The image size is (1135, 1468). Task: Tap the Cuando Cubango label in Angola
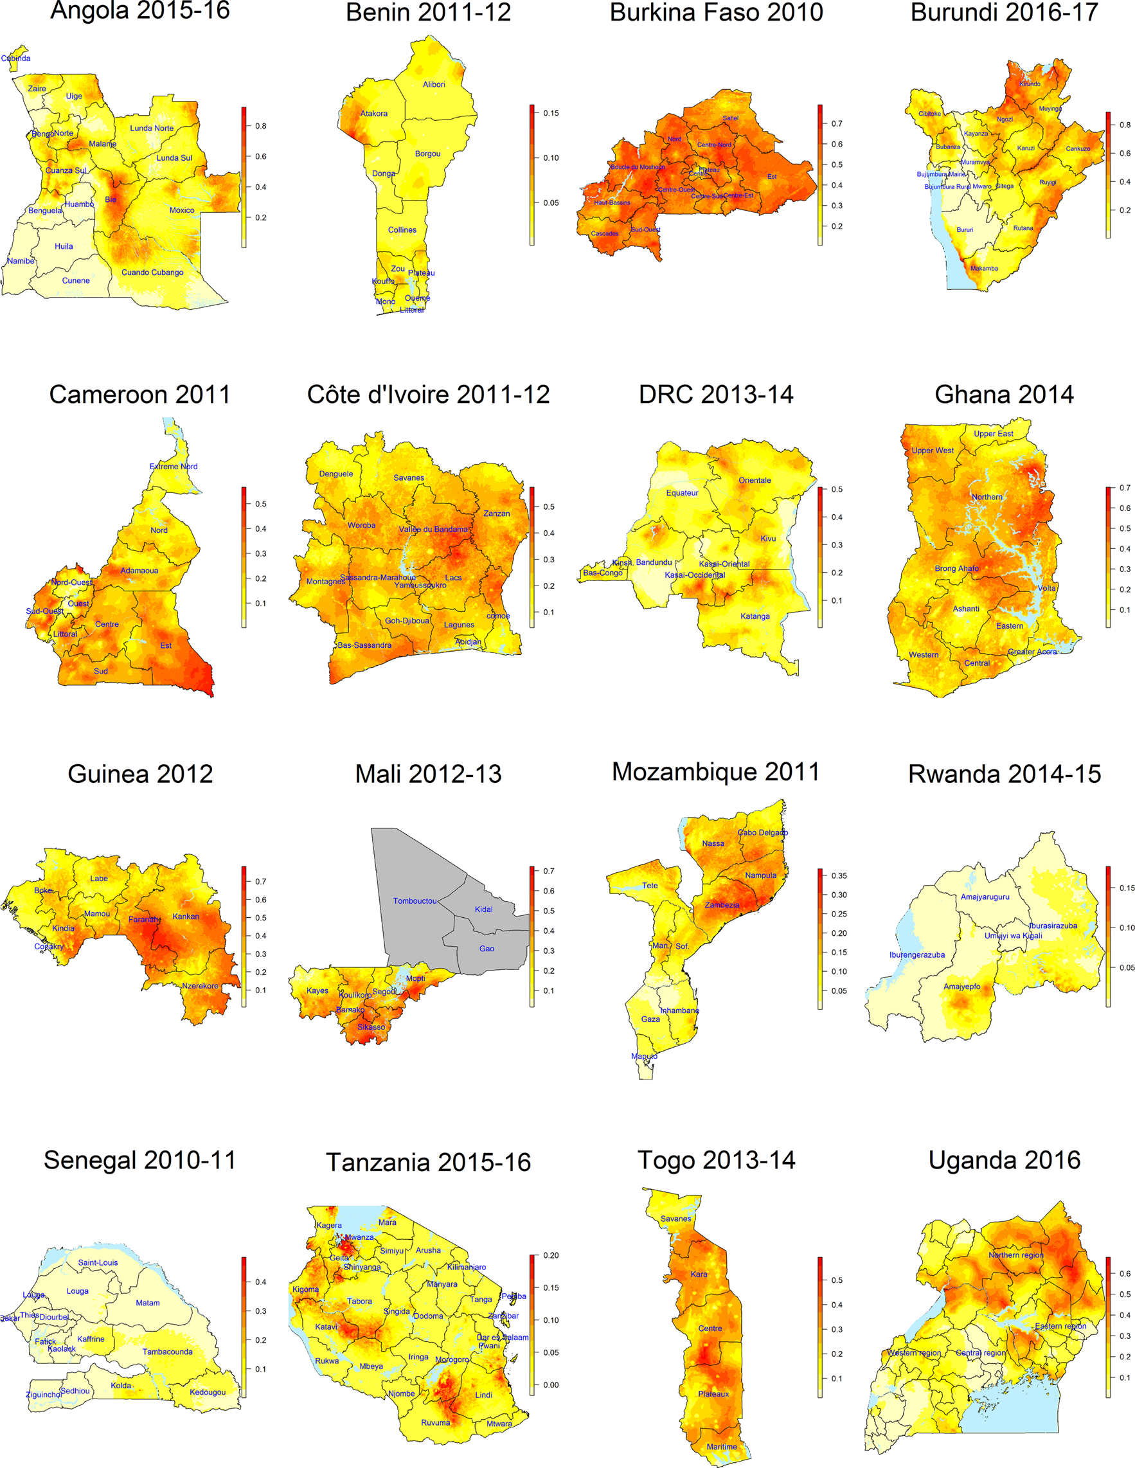[x=152, y=273]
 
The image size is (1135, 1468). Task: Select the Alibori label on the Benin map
[x=433, y=85]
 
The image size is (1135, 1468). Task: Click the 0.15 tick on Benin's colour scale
[x=551, y=113]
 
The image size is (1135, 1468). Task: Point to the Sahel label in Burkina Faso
[x=731, y=118]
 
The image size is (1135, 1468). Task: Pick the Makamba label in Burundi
[x=984, y=268]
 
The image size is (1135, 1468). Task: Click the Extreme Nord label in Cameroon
[x=174, y=466]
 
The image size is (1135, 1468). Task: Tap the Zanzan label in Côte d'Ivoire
[x=497, y=514]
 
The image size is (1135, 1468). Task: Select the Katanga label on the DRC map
[x=755, y=616]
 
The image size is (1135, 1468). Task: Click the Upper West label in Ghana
[x=932, y=451]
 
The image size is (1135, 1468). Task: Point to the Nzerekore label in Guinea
[x=200, y=986]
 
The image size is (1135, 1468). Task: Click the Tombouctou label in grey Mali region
[x=415, y=900]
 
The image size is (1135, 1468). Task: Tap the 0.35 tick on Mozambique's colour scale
[x=839, y=876]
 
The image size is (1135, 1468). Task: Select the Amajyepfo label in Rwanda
[x=961, y=987]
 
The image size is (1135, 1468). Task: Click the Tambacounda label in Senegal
[x=167, y=1352]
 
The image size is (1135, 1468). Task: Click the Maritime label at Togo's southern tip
[x=721, y=1447]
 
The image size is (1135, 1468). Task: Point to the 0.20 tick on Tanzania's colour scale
[x=550, y=1256]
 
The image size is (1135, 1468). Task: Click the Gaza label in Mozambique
[x=650, y=1019]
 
